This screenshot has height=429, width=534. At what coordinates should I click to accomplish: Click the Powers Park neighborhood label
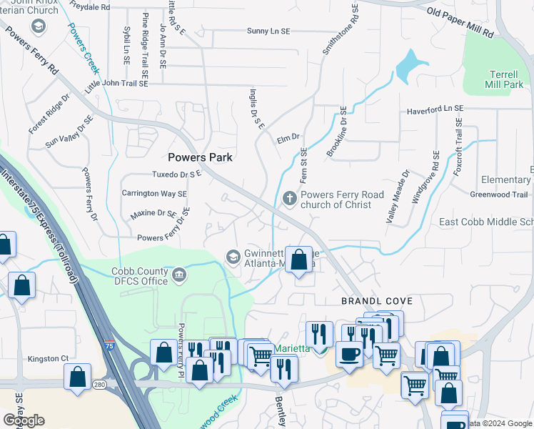coord(201,157)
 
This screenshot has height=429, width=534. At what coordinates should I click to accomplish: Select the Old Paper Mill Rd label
coord(460,23)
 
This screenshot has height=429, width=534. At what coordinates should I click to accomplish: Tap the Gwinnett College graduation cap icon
coord(233,256)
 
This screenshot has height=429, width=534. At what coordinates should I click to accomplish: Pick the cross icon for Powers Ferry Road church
coord(289,197)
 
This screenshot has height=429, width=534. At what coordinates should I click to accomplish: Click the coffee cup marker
coord(349,354)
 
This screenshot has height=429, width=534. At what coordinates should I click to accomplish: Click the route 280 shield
coord(100,385)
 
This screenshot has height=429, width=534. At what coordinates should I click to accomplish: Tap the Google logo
coord(24,420)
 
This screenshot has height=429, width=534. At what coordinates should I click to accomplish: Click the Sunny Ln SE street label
coord(268,31)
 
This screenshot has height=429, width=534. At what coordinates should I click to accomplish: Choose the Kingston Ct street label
coord(48,358)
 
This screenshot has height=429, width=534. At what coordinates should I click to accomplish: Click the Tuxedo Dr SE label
coord(177,174)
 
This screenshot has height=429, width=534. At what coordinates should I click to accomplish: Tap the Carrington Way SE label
coord(154,194)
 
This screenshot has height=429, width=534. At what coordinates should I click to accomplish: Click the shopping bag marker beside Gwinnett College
coord(299,259)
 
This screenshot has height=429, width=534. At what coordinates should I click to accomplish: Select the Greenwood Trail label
coord(498,194)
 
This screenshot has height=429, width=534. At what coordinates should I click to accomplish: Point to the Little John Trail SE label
coord(116,84)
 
